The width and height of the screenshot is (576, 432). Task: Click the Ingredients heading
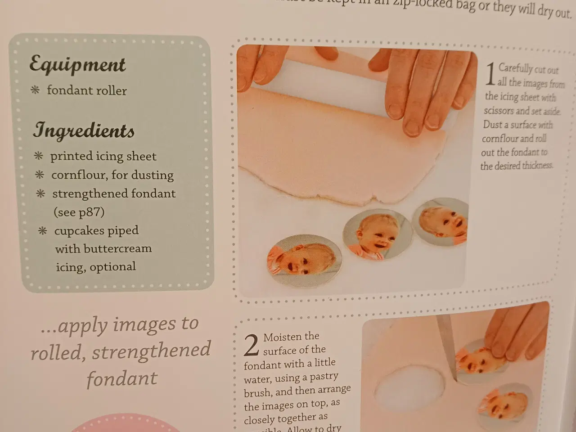click(x=84, y=130)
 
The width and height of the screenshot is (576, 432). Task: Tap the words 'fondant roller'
click(x=87, y=90)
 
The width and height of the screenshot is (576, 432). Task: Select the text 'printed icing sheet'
click(x=103, y=156)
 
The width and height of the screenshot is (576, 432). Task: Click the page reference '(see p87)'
click(x=79, y=212)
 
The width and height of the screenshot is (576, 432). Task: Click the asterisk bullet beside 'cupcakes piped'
click(x=42, y=231)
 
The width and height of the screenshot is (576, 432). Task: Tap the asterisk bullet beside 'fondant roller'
click(x=35, y=90)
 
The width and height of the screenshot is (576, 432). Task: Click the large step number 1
click(x=490, y=75)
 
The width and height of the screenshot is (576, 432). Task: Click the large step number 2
click(x=251, y=345)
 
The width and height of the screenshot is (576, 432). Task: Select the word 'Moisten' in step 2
click(x=291, y=337)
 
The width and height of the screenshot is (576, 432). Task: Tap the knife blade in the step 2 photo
click(x=447, y=346)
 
